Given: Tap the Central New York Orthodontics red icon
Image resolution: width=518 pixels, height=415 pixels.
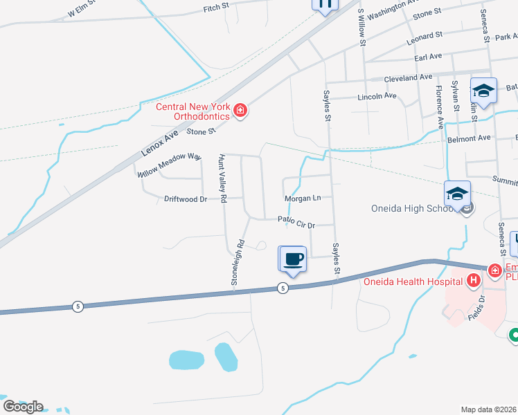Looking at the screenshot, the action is coord(240,111).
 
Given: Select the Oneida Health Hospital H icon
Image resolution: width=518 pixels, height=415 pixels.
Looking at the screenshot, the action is coord(474,280).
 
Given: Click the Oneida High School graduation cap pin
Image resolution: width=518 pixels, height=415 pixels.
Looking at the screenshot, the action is coord(458,194).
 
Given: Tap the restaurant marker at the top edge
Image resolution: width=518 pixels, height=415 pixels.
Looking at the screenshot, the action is coord(325,4).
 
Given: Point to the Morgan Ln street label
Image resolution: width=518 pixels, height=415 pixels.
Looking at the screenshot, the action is coord(303,199).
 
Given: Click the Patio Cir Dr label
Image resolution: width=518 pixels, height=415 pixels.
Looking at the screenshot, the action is coord(296,223).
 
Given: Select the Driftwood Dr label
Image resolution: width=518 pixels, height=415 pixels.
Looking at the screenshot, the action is coord(186,199).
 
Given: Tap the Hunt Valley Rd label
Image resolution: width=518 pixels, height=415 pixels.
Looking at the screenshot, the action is coord(222,178).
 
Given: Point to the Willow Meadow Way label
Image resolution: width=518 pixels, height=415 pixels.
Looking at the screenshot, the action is coord(170,165).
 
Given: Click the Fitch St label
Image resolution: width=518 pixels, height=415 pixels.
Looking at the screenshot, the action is coord(211,9).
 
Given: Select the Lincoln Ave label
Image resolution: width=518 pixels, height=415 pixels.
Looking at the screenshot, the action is coord(377,97).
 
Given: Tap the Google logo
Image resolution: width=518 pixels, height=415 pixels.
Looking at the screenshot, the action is coord(23,406).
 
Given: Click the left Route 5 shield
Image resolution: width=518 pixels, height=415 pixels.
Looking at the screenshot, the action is coord(78,306).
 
